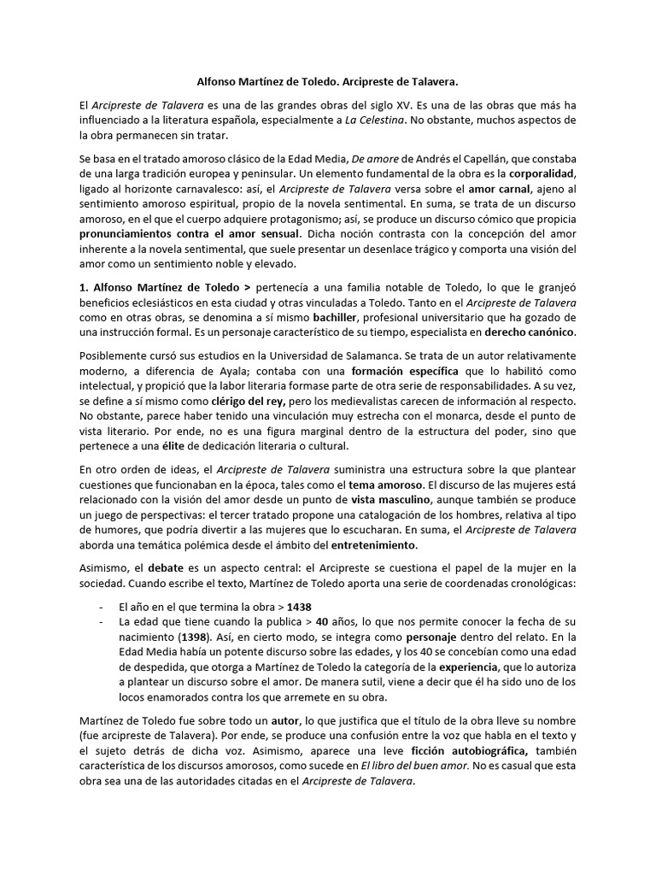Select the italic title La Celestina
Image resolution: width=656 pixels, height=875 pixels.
(x=375, y=120)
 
